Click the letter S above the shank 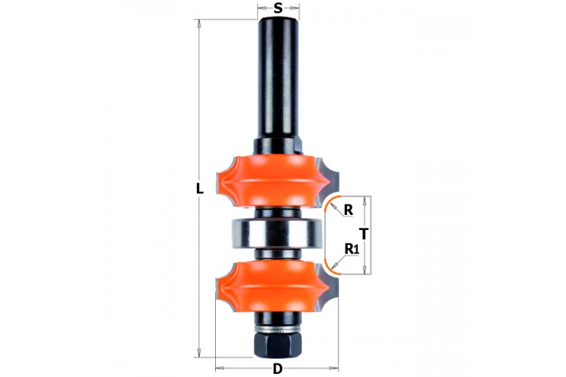[x=278, y=8]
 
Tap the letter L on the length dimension [x=199, y=188]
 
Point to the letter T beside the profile [x=365, y=234]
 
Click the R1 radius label [x=352, y=249]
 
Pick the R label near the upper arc [x=348, y=210]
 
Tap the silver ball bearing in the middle [x=277, y=234]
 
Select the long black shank [x=278, y=78]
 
